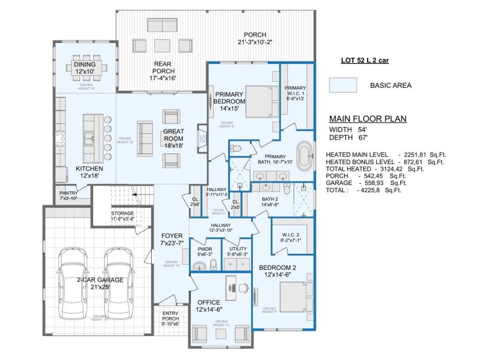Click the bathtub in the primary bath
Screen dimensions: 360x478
click(305, 156)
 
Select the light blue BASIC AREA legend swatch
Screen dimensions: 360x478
click(343, 85)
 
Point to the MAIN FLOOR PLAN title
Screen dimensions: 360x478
click(368, 119)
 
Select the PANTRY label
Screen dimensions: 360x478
click(69, 194)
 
